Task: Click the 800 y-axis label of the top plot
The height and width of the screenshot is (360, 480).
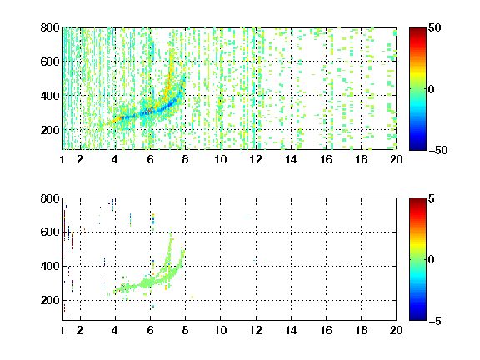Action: [50, 27]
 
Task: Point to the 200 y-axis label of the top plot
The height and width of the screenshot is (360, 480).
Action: [50, 130]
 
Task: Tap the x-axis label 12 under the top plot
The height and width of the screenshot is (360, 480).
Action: [256, 159]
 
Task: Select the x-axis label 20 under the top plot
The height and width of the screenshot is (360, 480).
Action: [396, 159]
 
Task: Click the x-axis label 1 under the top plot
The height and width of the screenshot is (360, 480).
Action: [62, 159]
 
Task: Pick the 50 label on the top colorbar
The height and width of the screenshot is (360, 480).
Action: [435, 27]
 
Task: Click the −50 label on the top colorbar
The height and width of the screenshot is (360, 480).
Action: [438, 150]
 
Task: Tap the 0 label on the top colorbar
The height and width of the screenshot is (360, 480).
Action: [432, 89]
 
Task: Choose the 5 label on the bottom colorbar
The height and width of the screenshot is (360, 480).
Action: [432, 198]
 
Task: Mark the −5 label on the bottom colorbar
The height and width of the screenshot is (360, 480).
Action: [435, 321]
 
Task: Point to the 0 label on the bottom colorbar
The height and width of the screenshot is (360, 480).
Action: [432, 260]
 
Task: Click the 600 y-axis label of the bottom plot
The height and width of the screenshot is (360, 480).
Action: [50, 232]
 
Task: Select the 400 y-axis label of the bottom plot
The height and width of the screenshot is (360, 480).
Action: [50, 267]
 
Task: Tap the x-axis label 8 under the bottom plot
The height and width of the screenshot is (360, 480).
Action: [185, 330]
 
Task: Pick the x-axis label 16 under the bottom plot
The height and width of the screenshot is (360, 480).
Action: [326, 330]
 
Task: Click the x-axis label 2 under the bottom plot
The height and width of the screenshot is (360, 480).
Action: [80, 330]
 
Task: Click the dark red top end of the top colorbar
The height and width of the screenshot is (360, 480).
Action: [417, 28]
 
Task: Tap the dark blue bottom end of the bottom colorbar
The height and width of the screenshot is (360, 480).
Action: [417, 319]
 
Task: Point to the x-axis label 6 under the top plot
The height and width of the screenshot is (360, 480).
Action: [150, 159]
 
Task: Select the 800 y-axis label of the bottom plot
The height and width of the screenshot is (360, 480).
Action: [50, 198]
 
